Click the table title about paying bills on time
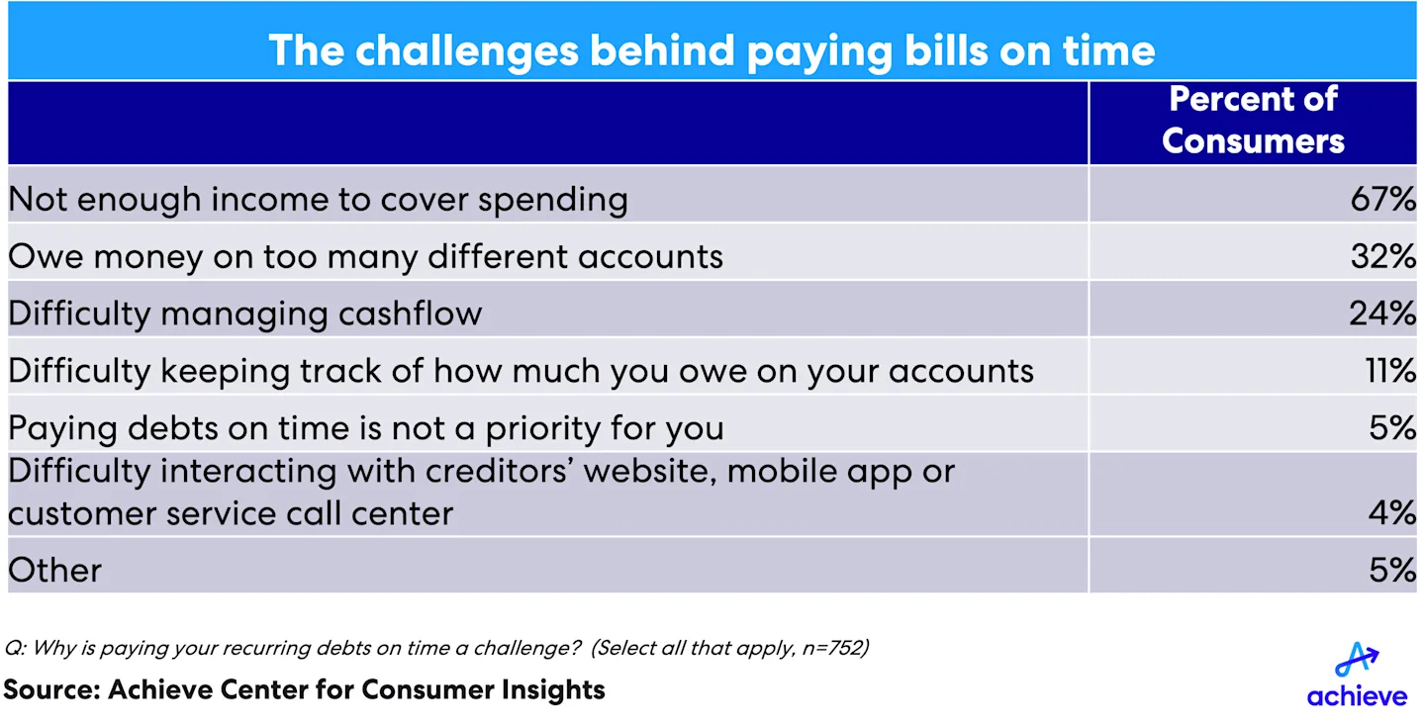(x=712, y=50)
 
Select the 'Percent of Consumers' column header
(x=1253, y=121)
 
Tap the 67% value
(x=1383, y=199)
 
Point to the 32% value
(x=1383, y=256)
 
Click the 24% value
(x=1382, y=314)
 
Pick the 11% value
(x=1390, y=371)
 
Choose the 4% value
(x=1392, y=512)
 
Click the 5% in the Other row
(x=1392, y=570)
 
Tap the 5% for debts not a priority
(x=1392, y=428)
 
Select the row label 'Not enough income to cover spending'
(x=318, y=201)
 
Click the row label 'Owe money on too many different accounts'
(x=366, y=257)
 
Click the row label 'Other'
(x=54, y=570)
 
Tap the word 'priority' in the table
(x=542, y=429)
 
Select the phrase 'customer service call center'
(x=231, y=513)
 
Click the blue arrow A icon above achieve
(x=1356, y=660)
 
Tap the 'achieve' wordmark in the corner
(x=1357, y=695)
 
